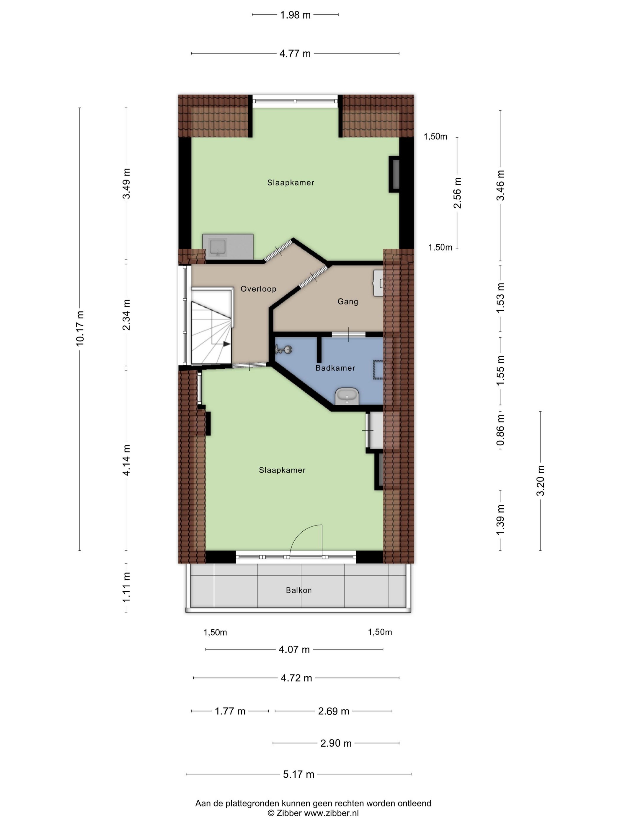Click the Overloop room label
pyautogui.click(x=258, y=289)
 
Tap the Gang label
pyautogui.click(x=347, y=301)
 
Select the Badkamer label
pyautogui.click(x=335, y=368)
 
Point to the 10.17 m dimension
pyautogui.click(x=80, y=328)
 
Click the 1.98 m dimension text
pyautogui.click(x=295, y=15)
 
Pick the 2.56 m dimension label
pyautogui.click(x=457, y=193)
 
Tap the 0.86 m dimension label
pyautogui.click(x=500, y=430)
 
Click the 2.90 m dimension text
pyautogui.click(x=336, y=743)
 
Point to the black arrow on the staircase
pyautogui.click(x=226, y=344)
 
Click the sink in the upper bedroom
pyautogui.click(x=218, y=247)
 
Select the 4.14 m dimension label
pyautogui.click(x=127, y=460)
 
